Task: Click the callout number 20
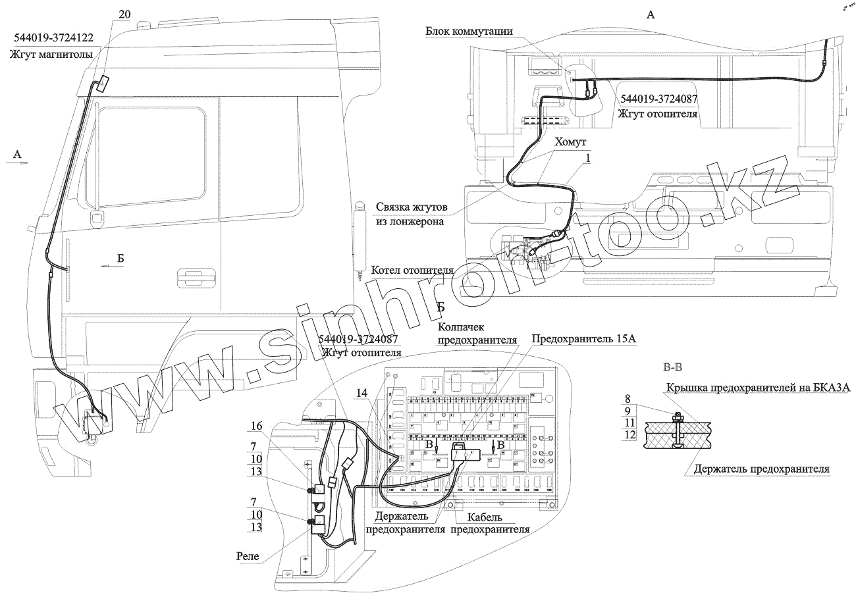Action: point(125,14)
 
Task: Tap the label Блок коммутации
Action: point(469,32)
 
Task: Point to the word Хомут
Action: point(570,142)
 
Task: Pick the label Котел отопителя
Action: point(413,271)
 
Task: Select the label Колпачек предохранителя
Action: point(477,333)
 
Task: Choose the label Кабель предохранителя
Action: point(491,523)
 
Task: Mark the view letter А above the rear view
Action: point(651,15)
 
